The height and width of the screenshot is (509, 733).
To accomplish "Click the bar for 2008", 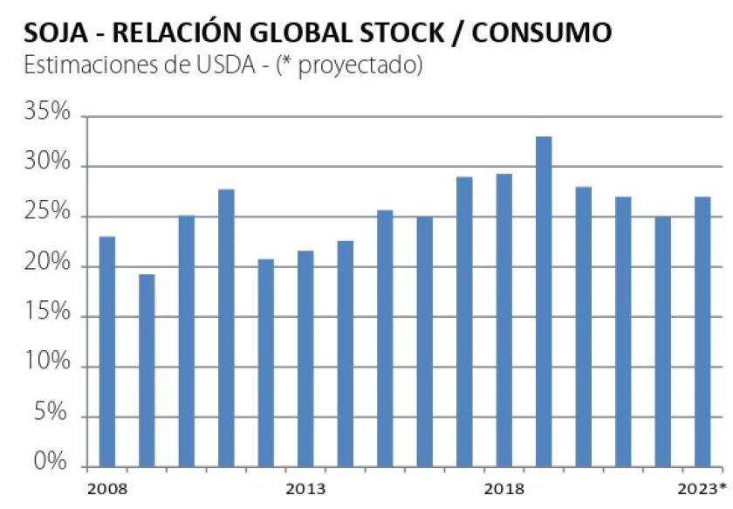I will click(107, 349).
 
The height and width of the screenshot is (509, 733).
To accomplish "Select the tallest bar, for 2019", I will click(543, 300).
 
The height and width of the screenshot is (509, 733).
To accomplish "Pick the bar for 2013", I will click(305, 357).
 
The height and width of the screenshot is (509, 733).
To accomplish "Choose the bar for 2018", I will click(504, 319).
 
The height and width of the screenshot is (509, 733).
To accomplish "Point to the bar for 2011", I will click(226, 327).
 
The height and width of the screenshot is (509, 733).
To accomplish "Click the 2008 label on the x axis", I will click(107, 487).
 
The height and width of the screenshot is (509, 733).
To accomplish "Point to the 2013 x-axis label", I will click(305, 487).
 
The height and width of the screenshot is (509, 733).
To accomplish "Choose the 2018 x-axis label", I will click(504, 487).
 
